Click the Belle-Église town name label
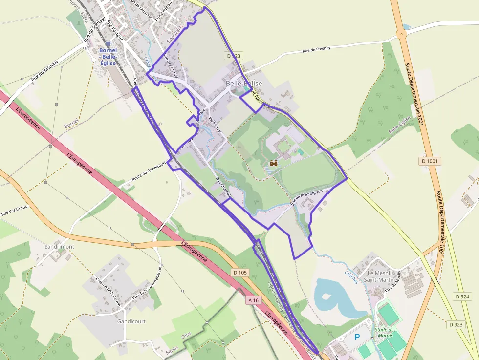tap(244, 84)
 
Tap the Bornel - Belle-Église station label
tap(108, 56)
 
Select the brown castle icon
tap(273, 163)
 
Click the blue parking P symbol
tap(357, 337)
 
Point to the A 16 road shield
tap(253, 300)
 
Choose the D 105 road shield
tap(241, 272)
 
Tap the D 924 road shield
tap(462, 296)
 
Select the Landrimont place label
tap(59, 247)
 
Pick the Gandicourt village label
tap(131, 321)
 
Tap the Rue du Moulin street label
tap(392, 282)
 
